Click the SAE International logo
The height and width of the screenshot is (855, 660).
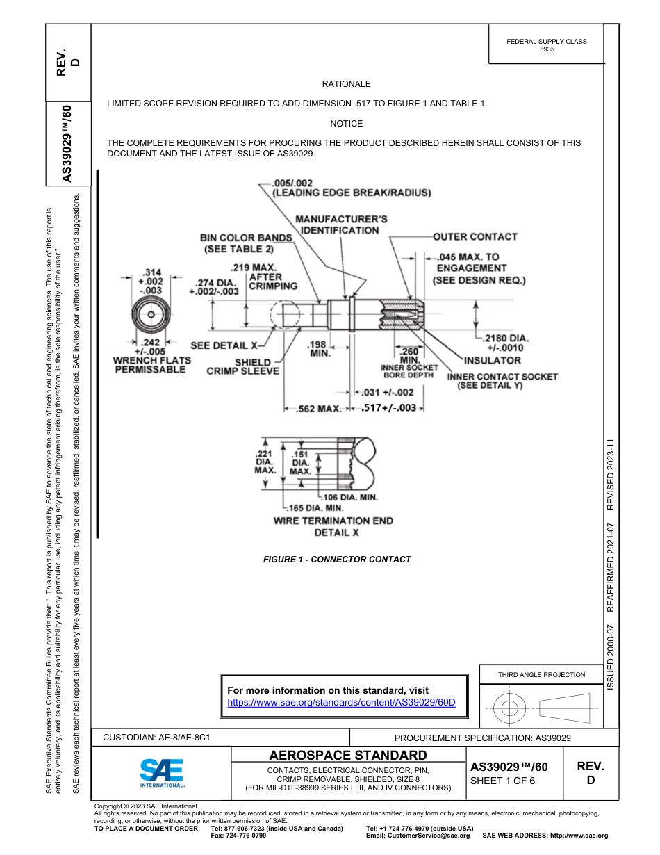tap(162, 772)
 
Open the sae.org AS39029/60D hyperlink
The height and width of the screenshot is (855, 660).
tap(341, 702)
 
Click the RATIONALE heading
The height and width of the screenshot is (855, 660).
tap(346, 84)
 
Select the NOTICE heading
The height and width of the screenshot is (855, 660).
tap(346, 124)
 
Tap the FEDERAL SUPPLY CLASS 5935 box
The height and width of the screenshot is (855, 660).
tap(547, 45)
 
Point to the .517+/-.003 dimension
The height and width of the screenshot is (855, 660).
tap(389, 408)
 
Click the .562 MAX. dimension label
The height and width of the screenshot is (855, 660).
tap(319, 409)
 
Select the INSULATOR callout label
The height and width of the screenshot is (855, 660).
tap(493, 360)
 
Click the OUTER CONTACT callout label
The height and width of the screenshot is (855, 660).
tap(475, 236)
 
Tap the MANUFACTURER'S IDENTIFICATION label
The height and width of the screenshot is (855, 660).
tap(341, 225)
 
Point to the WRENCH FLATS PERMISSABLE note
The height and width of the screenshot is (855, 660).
tap(151, 365)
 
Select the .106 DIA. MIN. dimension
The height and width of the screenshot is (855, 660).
tap(351, 498)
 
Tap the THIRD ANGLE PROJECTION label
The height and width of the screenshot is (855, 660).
tap(541, 674)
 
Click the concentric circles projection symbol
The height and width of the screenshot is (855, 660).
tap(510, 708)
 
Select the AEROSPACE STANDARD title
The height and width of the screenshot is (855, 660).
tap(348, 756)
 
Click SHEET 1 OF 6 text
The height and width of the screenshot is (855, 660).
tap(503, 781)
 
